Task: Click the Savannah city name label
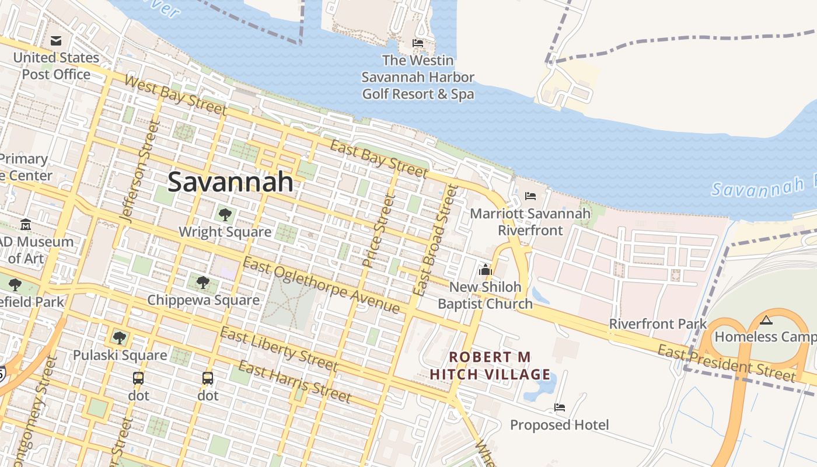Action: click(x=231, y=182)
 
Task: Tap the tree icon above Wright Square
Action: click(x=225, y=215)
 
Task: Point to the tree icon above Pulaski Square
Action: click(x=119, y=337)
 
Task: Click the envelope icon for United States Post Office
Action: click(x=56, y=40)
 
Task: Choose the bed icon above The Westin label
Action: click(x=418, y=43)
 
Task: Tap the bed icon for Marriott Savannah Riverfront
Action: click(x=530, y=196)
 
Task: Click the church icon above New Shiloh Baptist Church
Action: click(x=485, y=270)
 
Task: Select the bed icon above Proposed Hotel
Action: click(x=560, y=407)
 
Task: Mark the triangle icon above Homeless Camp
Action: click(x=766, y=320)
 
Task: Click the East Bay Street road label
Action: click(x=378, y=158)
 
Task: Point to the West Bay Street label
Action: click(x=175, y=95)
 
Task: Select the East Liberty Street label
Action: click(x=279, y=349)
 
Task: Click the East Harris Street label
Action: click(x=295, y=382)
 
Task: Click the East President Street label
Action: click(x=726, y=363)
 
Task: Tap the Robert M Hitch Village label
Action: click(x=490, y=365)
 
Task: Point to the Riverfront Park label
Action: click(x=658, y=324)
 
